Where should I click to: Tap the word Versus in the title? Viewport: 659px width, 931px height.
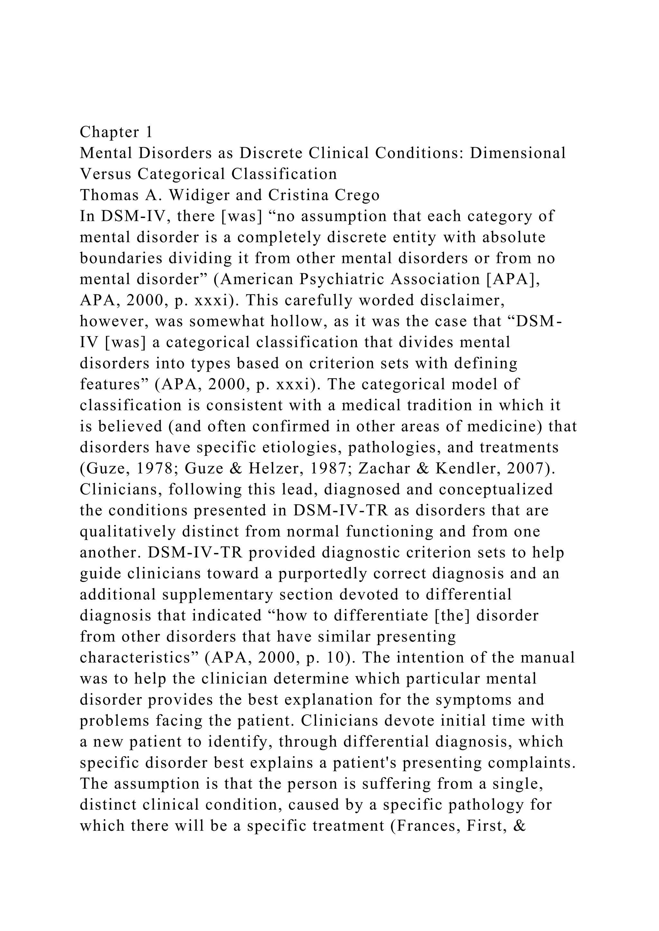click(106, 174)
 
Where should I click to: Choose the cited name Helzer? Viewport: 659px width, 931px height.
click(254, 469)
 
